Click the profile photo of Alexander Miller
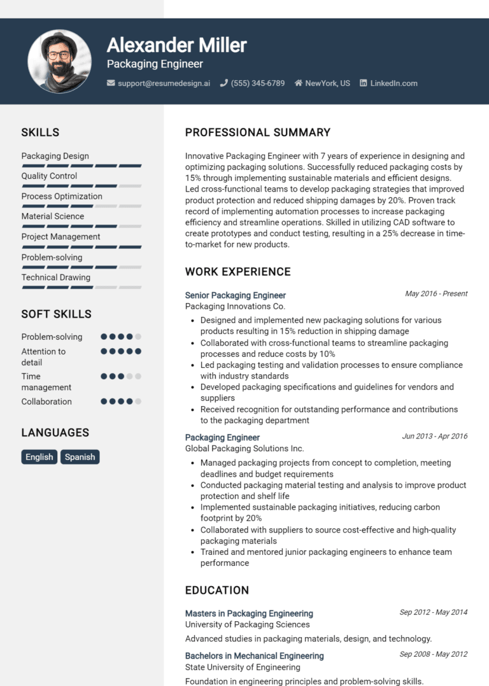(x=60, y=61)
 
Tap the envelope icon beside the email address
(x=111, y=83)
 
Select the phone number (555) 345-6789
(x=257, y=83)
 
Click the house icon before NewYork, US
(x=298, y=83)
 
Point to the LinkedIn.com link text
(x=393, y=83)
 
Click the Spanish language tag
(x=80, y=457)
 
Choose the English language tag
(x=39, y=457)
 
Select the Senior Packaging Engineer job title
(x=236, y=295)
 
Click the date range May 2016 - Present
(x=436, y=294)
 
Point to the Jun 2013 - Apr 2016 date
(x=434, y=437)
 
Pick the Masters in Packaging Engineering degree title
(x=249, y=613)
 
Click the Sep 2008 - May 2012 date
(x=433, y=654)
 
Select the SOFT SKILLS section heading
(x=56, y=314)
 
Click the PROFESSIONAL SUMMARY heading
(x=258, y=133)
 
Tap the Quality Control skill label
(x=49, y=176)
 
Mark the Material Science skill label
(x=53, y=216)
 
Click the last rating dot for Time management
(x=138, y=376)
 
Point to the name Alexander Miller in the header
(x=176, y=45)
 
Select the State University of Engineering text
(x=243, y=668)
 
